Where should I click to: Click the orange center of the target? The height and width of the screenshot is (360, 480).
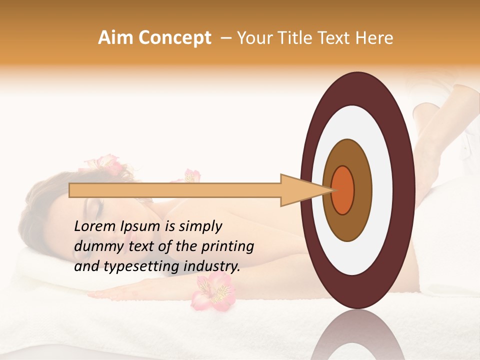coord(343,190)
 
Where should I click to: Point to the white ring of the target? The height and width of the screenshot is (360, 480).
coord(358,125)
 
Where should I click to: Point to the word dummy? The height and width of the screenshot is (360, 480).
coord(93,246)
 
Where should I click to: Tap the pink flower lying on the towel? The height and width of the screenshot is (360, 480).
coord(212,292)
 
